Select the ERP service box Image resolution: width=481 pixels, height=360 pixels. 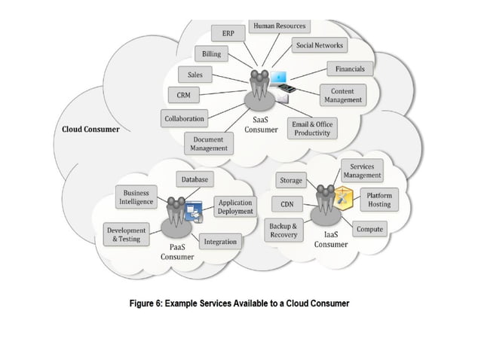(x=227, y=34)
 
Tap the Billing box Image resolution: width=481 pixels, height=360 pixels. (x=211, y=54)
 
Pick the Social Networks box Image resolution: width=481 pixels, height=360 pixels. (x=320, y=45)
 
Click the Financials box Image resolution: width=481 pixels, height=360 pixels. (x=350, y=69)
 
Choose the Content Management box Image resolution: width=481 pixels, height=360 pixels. (x=342, y=95)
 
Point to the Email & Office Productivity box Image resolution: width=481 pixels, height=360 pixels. (x=311, y=128)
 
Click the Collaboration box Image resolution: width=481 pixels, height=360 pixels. (x=184, y=119)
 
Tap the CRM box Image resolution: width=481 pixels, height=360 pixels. (x=183, y=96)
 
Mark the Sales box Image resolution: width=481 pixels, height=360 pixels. (x=195, y=75)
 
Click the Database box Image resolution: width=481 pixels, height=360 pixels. (x=195, y=180)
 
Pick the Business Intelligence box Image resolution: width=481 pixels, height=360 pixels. (x=136, y=197)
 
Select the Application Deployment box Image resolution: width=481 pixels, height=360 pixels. (x=234, y=207)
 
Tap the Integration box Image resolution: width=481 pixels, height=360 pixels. (x=220, y=242)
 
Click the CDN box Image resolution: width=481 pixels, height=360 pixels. (x=286, y=204)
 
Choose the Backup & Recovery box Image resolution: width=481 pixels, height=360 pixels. (x=283, y=230)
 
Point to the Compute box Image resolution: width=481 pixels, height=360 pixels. (x=369, y=229)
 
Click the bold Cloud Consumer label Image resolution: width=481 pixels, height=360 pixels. (x=90, y=129)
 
